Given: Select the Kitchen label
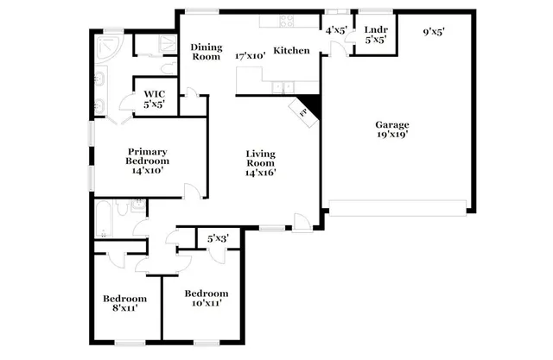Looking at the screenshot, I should pos(291,50).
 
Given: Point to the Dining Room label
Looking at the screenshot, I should pos(207,52).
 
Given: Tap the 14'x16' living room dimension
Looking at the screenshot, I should pos(260,172).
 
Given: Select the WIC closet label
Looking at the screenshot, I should pos(155,93).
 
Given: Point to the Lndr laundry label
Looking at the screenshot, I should pos(375,29).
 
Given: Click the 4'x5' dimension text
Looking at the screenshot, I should pos(335,31).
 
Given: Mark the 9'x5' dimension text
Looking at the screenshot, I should pos(433,32).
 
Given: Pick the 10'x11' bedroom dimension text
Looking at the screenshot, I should pos(206,303).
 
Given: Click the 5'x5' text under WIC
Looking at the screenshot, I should pos(155,104).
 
